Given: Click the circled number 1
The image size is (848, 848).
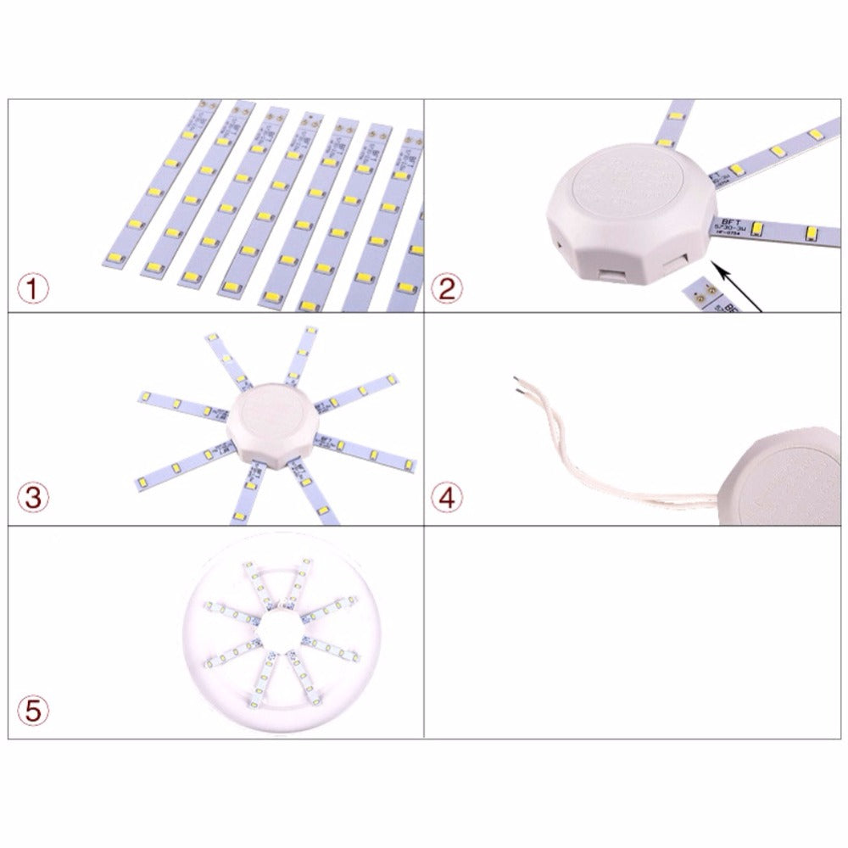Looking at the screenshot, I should tap(32, 289).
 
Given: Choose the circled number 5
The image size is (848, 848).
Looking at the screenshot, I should tap(32, 709).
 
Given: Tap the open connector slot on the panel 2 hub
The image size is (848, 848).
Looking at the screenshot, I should tap(613, 273).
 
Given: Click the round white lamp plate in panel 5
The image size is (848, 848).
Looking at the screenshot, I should tap(212, 678).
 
